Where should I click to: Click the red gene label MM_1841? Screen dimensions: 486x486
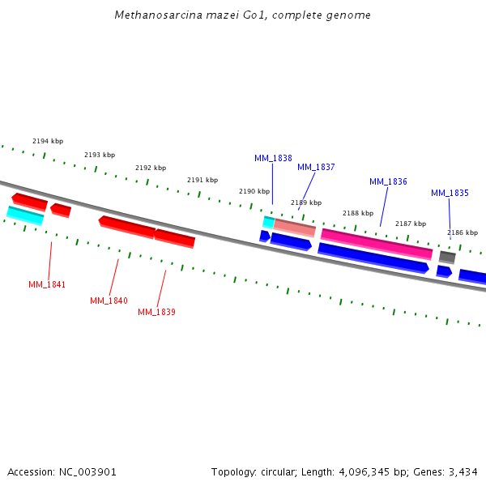pos(47,284)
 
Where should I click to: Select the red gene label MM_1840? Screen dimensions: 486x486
pos(109,301)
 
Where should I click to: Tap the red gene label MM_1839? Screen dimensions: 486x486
pos(156,312)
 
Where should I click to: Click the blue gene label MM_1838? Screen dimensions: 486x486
pos(273,158)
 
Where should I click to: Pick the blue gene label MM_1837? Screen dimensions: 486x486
pos(316,167)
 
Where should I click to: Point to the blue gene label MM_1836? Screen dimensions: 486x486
pos(388,181)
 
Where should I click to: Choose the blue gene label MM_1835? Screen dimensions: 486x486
pos(450,193)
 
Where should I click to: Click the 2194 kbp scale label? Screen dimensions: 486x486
pos(48,141)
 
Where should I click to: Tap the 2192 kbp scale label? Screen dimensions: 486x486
pos(151,168)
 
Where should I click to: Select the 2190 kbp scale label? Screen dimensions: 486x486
pos(254,191)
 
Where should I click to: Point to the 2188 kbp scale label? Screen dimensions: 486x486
pos(358,213)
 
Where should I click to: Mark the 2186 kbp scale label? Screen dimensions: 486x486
pos(463,232)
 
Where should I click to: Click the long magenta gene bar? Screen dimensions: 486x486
pos(377,244)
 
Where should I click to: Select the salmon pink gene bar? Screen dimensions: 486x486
pos(294,228)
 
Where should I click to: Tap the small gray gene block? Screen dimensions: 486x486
pos(447,257)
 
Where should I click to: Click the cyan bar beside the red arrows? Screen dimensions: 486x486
pos(25,215)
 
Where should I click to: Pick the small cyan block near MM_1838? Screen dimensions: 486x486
pos(269,222)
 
